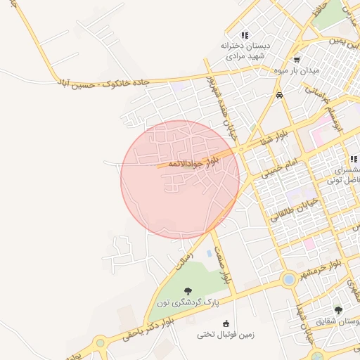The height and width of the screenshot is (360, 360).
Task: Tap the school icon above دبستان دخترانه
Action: click(245, 35)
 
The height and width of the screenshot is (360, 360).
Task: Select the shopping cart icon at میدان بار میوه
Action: click(297, 60)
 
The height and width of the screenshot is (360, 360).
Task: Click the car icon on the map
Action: click(280, 95)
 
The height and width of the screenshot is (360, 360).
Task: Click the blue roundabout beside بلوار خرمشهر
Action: click(288, 280)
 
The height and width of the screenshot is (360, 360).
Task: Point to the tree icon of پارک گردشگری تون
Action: click(187, 291)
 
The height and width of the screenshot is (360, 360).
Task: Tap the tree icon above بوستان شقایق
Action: click(338, 310)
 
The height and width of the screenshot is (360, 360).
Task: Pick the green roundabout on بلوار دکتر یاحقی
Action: click(101, 343)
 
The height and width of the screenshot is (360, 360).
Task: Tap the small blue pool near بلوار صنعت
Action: click(209, 252)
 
